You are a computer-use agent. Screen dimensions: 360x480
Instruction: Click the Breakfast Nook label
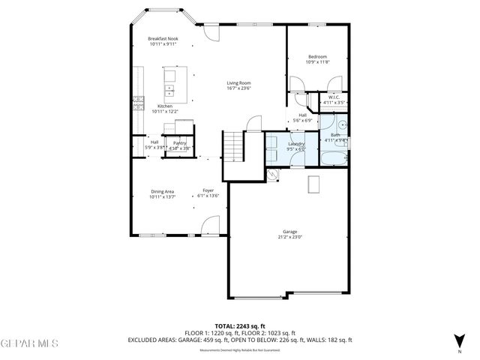click(x=162, y=38)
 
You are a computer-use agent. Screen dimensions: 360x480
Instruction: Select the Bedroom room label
click(x=316, y=57)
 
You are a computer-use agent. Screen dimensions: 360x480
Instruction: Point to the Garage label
click(x=289, y=232)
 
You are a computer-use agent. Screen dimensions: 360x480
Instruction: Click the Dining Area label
click(x=162, y=191)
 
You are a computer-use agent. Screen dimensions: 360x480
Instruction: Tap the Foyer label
click(x=208, y=191)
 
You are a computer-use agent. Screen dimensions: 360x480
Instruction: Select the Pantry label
click(x=179, y=142)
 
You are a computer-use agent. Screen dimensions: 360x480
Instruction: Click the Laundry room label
click(x=295, y=142)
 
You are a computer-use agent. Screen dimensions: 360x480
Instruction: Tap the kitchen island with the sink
click(x=169, y=85)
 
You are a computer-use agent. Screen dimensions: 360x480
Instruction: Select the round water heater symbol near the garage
click(x=273, y=174)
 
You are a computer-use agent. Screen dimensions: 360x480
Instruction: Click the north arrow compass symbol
click(x=459, y=338)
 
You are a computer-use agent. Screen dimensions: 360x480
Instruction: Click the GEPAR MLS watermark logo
click(x=28, y=343)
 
